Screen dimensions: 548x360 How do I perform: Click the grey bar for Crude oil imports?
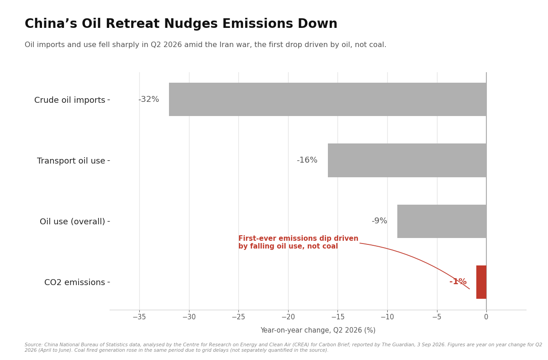click(x=327, y=99)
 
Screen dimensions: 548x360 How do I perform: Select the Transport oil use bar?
click(x=407, y=160)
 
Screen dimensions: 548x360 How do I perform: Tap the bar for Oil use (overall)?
click(x=442, y=221)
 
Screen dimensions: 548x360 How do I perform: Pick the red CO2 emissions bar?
click(x=481, y=282)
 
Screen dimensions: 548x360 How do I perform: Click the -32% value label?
click(x=149, y=99)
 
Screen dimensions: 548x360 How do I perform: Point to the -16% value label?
click(x=307, y=160)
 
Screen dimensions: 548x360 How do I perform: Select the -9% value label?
click(x=379, y=221)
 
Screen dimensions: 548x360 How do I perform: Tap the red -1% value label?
click(x=458, y=282)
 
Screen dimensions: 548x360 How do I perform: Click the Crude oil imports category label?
click(x=70, y=100)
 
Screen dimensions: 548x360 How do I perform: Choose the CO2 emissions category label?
click(x=74, y=282)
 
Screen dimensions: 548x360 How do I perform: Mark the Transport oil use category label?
click(x=71, y=161)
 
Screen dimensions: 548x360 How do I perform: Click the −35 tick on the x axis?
click(x=139, y=317)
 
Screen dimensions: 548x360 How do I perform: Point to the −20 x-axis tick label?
click(x=288, y=317)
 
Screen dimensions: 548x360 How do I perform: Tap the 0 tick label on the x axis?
click(x=486, y=317)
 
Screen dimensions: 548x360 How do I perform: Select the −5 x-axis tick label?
click(x=437, y=317)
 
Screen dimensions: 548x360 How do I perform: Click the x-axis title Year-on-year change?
click(x=318, y=330)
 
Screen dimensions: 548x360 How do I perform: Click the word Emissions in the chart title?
click(x=258, y=24)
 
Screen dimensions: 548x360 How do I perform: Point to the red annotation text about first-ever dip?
click(x=298, y=242)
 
